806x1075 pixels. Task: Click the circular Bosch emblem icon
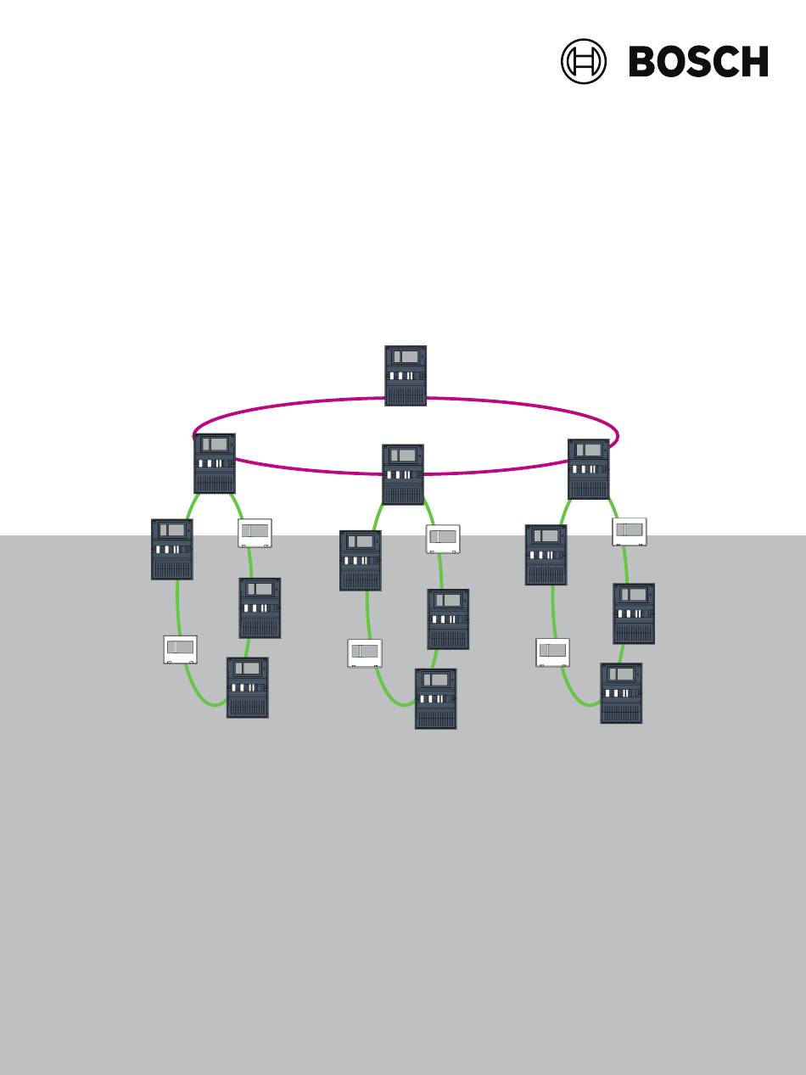pyautogui.click(x=583, y=61)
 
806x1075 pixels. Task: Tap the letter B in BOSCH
pyautogui.click(x=643, y=61)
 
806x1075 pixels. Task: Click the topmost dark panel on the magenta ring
pyautogui.click(x=406, y=376)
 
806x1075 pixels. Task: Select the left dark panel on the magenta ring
pyautogui.click(x=215, y=463)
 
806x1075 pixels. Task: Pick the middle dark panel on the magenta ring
pyautogui.click(x=403, y=474)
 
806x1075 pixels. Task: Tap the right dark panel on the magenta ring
pyautogui.click(x=589, y=469)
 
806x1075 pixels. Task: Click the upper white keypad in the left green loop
pyautogui.click(x=255, y=533)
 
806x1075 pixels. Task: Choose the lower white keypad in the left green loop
pyautogui.click(x=181, y=650)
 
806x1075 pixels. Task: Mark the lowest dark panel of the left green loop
pyautogui.click(x=247, y=687)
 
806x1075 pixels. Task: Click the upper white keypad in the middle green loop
pyautogui.click(x=443, y=540)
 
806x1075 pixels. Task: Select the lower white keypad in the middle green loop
pyautogui.click(x=365, y=652)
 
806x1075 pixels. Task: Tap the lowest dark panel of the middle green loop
pyautogui.click(x=436, y=699)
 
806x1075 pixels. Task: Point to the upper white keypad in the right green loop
pyautogui.click(x=630, y=532)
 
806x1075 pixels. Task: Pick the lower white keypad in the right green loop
pyautogui.click(x=553, y=652)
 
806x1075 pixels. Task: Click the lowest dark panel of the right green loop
pyautogui.click(x=621, y=693)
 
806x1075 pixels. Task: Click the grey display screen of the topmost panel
pyautogui.click(x=406, y=356)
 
